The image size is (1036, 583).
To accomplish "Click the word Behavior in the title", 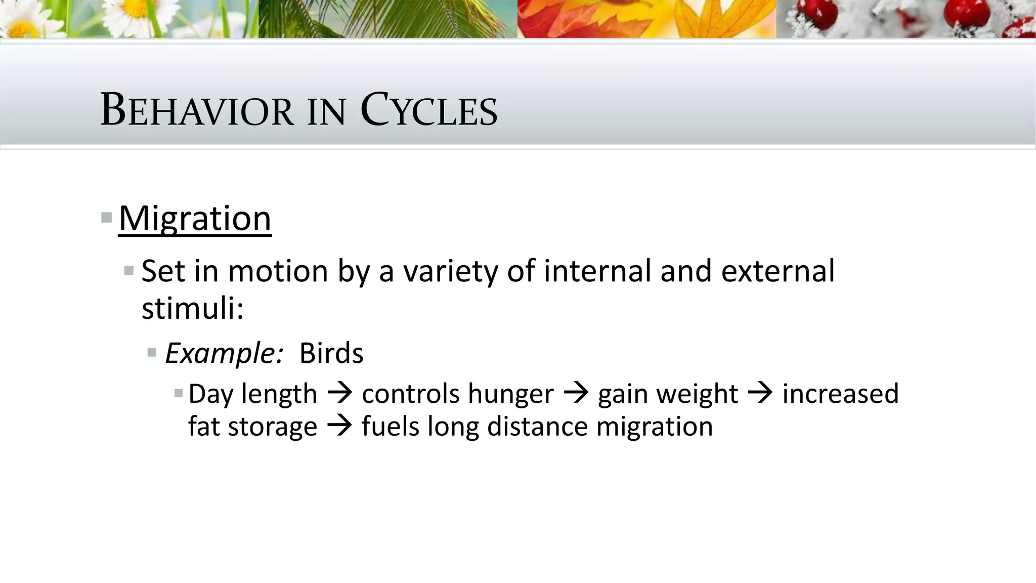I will coord(197,110).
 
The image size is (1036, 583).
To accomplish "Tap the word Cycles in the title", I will coord(429,110).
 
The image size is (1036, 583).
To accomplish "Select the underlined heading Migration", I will coord(195,219).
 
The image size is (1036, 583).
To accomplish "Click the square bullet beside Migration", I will coord(106,218).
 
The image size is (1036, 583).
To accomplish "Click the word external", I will coord(778,271).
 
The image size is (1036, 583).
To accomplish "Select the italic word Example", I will coord(223,353).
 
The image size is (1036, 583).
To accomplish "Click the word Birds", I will coord(331,353).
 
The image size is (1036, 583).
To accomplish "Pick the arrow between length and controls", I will coord(339,393).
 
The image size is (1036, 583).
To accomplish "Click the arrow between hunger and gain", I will coord(576,393).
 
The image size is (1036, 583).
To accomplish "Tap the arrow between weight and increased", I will coord(760,393).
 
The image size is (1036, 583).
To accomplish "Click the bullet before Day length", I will coord(178,393).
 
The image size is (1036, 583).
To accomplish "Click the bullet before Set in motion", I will coord(129,271).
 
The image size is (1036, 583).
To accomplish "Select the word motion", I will coord(278,271).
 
